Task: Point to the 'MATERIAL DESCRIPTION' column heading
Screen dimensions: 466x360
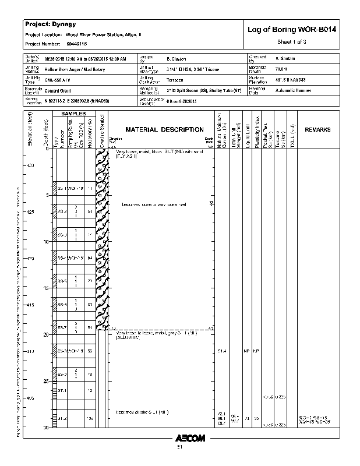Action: click(x=165, y=129)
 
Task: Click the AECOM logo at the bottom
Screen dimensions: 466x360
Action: click(x=190, y=438)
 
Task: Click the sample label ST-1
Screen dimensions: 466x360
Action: click(x=62, y=390)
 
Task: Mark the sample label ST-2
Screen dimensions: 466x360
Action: click(x=62, y=418)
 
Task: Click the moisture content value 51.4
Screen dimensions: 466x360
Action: click(x=222, y=351)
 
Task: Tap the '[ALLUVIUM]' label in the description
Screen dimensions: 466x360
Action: click(x=128, y=338)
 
